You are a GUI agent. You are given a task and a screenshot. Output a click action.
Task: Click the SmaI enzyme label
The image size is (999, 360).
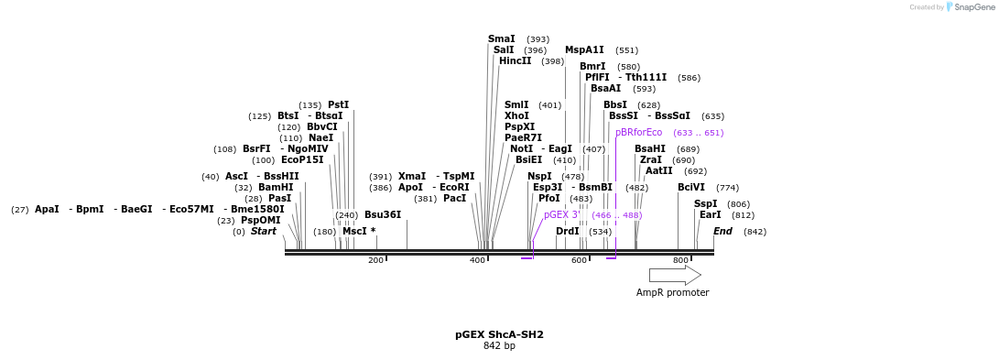tap(501, 39)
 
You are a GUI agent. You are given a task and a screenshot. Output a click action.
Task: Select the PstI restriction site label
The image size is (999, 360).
tap(338, 105)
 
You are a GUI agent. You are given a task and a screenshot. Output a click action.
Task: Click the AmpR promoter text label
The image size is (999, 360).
tap(672, 293)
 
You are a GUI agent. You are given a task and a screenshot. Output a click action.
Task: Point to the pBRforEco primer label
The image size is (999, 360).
tap(638, 133)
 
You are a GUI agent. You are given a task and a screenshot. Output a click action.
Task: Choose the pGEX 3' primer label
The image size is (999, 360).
tap(561, 215)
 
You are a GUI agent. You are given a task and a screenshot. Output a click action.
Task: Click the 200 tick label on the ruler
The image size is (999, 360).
tap(375, 261)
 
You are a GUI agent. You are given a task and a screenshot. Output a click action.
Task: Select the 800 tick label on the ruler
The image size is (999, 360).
tap(680, 261)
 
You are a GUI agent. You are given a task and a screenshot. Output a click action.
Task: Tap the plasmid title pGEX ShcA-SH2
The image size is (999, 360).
tap(499, 335)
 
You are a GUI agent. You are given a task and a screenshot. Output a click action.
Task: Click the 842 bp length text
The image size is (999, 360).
tap(499, 346)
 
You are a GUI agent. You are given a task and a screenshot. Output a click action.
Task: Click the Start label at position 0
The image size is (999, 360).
tap(263, 232)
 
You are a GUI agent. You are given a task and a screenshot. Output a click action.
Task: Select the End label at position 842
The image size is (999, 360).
tap(722, 232)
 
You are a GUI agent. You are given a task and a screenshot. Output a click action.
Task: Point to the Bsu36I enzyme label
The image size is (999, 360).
tap(383, 215)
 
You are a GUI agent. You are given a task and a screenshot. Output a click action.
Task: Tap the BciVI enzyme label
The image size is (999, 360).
tap(691, 188)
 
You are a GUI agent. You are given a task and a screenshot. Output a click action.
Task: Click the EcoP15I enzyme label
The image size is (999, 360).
tap(302, 160)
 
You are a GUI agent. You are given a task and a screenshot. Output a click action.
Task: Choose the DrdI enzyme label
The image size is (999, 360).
tap(568, 232)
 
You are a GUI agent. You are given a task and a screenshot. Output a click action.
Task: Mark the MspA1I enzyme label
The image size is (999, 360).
tap(584, 50)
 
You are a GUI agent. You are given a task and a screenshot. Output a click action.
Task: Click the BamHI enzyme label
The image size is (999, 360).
tap(276, 188)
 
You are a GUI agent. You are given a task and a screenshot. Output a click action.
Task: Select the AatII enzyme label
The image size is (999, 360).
tap(658, 171)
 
